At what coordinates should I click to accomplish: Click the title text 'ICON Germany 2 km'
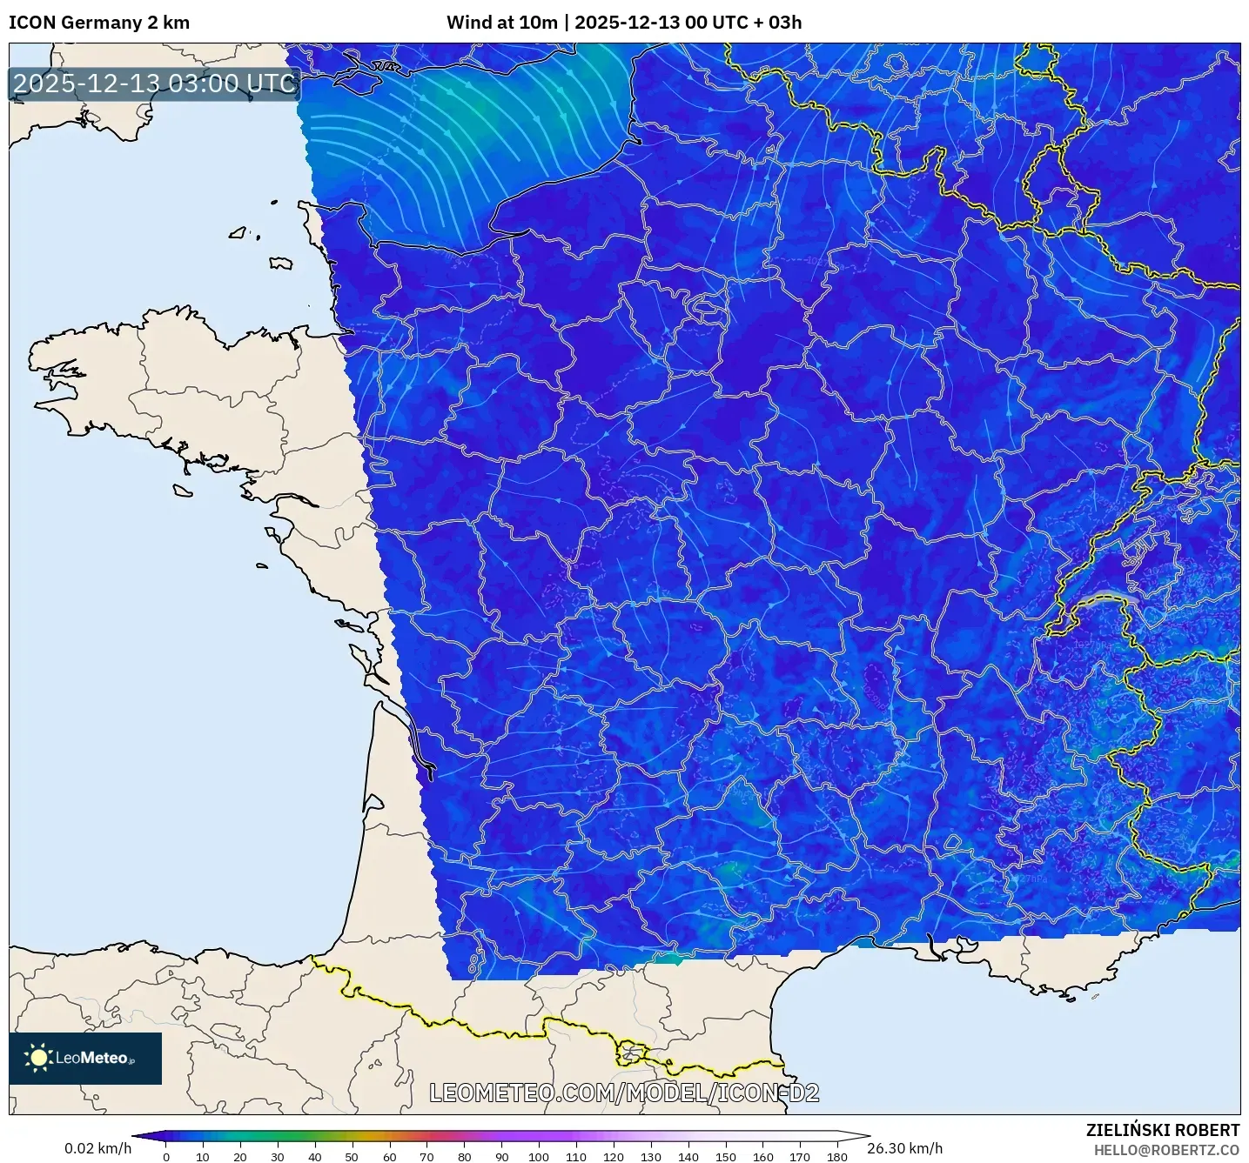pyautogui.click(x=99, y=23)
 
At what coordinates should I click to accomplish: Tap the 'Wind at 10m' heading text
pyautogui.click(x=501, y=23)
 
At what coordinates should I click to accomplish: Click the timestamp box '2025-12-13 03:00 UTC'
pyautogui.click(x=155, y=84)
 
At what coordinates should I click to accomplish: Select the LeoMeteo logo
pyautogui.click(x=85, y=1058)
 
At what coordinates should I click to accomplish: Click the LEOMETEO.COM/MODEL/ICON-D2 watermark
pyautogui.click(x=624, y=1093)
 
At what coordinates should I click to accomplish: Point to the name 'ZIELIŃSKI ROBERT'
pyautogui.click(x=1163, y=1130)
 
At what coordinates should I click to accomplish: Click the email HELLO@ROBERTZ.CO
pyautogui.click(x=1166, y=1150)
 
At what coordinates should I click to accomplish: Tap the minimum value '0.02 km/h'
pyautogui.click(x=97, y=1148)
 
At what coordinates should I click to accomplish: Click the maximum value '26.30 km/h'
pyautogui.click(x=905, y=1148)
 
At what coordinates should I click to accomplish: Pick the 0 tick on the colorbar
pyautogui.click(x=166, y=1157)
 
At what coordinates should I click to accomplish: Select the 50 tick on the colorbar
pyautogui.click(x=352, y=1157)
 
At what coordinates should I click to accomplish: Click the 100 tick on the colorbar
pyautogui.click(x=538, y=1157)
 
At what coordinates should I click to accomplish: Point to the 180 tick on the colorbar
pyautogui.click(x=836, y=1157)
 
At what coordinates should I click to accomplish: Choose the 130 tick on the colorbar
pyautogui.click(x=650, y=1157)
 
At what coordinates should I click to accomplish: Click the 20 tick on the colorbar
pyautogui.click(x=240, y=1157)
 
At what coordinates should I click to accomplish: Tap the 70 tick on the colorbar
pyautogui.click(x=426, y=1157)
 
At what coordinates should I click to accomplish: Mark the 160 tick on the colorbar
pyautogui.click(x=762, y=1157)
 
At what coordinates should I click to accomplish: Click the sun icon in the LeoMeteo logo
pyautogui.click(x=38, y=1058)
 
